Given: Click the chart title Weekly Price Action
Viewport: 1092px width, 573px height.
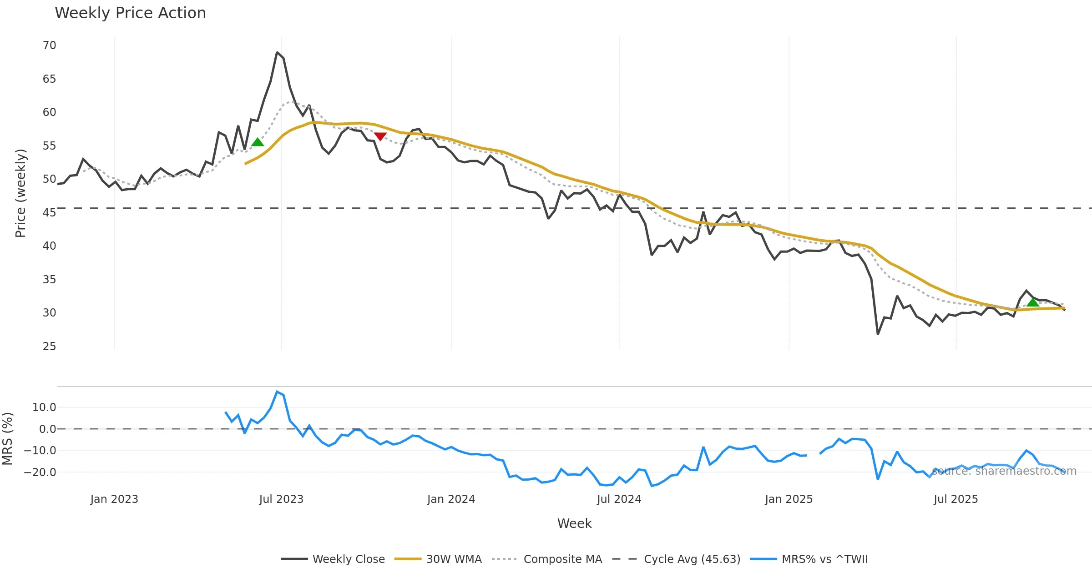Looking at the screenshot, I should (x=130, y=13).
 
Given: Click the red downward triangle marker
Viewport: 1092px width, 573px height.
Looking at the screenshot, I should (x=380, y=136).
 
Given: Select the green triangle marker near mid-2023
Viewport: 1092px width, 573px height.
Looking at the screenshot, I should (x=258, y=142).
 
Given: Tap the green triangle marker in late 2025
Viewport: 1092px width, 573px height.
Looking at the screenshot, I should (x=1033, y=302).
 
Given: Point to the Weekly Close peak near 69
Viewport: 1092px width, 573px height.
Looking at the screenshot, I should (x=277, y=53).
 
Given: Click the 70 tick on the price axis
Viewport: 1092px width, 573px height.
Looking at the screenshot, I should (x=49, y=45).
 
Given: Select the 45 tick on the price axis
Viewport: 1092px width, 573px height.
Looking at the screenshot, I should (x=49, y=212).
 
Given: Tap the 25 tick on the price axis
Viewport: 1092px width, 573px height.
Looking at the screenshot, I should (x=49, y=346).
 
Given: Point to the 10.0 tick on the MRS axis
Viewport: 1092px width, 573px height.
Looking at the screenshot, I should (x=44, y=407).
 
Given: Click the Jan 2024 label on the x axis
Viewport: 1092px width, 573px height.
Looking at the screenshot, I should (x=451, y=499).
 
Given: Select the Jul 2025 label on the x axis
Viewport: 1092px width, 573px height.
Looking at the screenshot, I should (x=955, y=499).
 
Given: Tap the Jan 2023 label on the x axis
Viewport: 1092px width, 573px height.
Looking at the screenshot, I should (x=114, y=499).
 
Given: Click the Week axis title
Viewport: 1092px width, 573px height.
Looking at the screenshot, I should (x=574, y=523).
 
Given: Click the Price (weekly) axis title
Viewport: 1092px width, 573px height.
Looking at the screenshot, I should (x=20, y=193).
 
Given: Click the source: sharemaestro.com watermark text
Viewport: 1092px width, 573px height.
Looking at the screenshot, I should (x=1004, y=471).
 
